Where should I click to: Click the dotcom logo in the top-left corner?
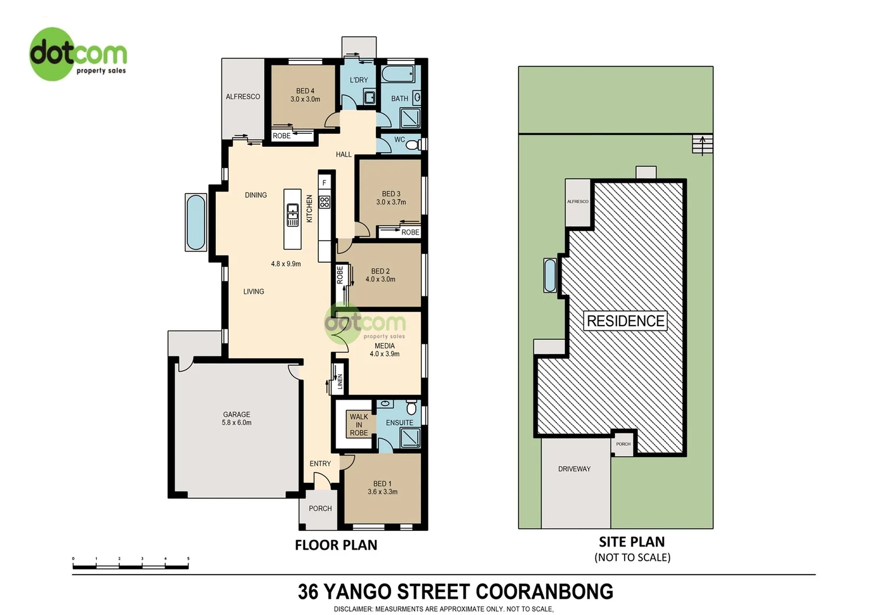tap(77, 54)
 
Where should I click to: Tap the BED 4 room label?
tap(305, 91)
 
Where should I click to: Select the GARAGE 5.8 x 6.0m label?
tap(236, 419)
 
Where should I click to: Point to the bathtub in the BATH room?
tap(398, 75)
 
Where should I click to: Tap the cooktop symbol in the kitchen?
tap(325, 202)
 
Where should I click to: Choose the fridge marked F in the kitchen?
tap(325, 183)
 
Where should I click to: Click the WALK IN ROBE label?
tap(359, 425)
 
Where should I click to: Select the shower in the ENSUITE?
tap(410, 437)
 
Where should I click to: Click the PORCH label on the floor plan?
tap(320, 509)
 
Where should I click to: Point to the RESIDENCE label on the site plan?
tap(625, 321)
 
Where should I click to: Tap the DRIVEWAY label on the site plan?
tap(574, 469)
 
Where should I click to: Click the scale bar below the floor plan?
tap(130, 566)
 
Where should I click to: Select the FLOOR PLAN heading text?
tap(336, 545)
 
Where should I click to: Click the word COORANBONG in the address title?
tap(544, 592)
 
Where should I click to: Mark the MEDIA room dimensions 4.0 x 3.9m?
tap(384, 354)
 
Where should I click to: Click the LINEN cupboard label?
tap(340, 381)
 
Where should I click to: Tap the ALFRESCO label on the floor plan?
tap(243, 97)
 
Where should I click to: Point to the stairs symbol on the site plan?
tap(702, 145)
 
